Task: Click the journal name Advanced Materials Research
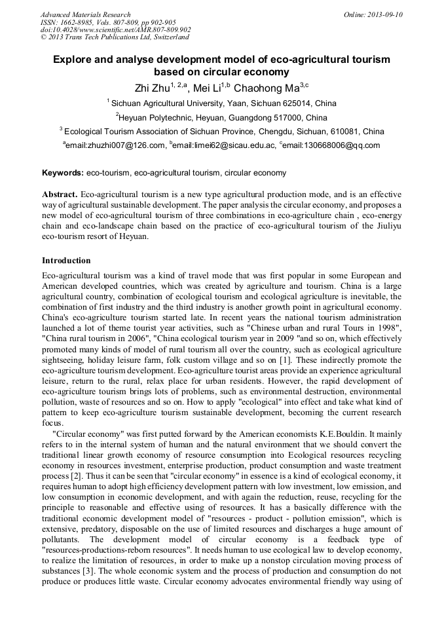[x=85, y=14]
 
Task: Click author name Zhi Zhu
[x=149, y=87]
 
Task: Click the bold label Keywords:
[x=62, y=173]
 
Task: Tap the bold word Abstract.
[x=60, y=195]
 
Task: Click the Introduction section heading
[x=66, y=260]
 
